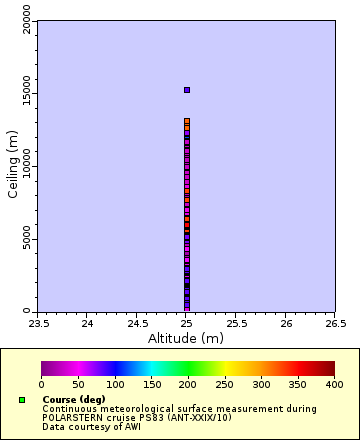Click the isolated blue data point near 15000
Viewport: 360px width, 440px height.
click(186, 90)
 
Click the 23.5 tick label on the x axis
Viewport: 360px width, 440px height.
click(38, 324)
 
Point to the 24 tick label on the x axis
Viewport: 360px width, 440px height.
click(88, 324)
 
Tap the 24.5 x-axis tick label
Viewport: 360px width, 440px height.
click(137, 324)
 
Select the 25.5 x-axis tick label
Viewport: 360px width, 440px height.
click(236, 324)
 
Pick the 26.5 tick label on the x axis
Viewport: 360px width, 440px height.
click(335, 324)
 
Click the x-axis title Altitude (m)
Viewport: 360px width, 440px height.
click(186, 338)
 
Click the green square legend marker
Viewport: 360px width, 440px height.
click(22, 400)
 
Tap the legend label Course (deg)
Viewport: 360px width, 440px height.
click(73, 400)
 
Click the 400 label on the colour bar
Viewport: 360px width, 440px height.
click(334, 384)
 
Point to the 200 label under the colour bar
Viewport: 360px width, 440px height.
click(188, 384)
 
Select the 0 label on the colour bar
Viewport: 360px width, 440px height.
click(41, 384)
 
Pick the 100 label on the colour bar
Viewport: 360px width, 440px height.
click(114, 384)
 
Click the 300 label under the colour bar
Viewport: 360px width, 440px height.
click(261, 384)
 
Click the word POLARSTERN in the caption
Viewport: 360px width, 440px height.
click(76, 417)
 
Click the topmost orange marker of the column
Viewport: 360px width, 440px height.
click(186, 121)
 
